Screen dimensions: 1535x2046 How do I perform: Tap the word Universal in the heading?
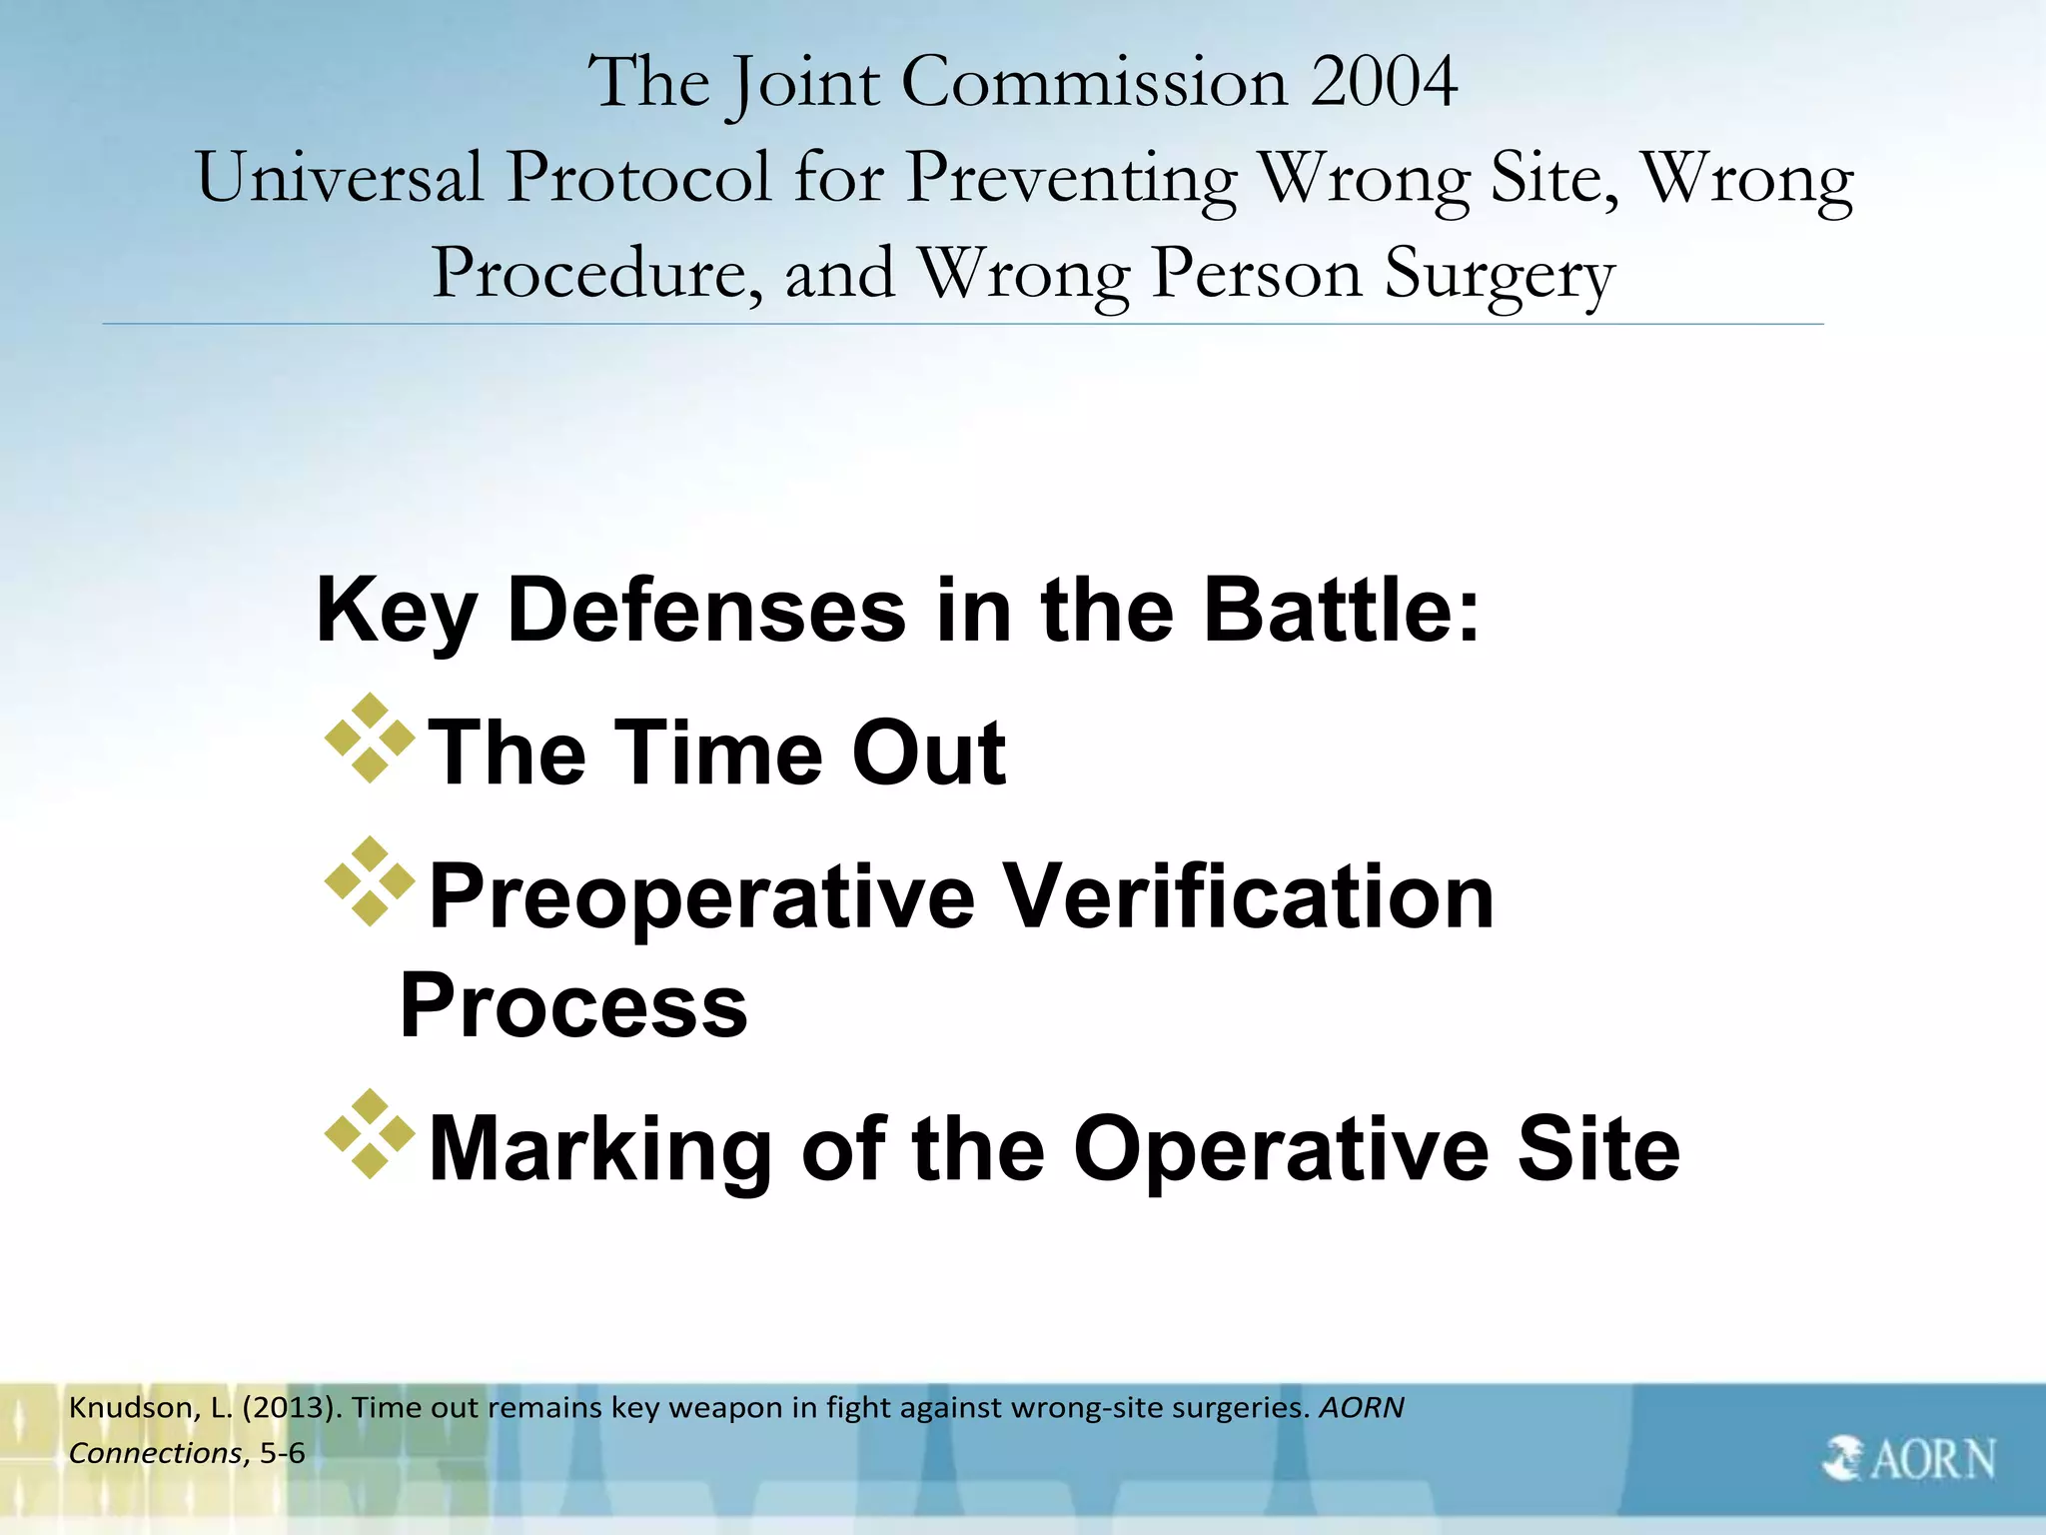tap(340, 178)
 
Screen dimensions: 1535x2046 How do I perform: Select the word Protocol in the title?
tap(639, 178)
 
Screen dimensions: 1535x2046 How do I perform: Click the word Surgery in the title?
tap(1499, 274)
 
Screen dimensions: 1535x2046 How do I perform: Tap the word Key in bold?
tap(396, 612)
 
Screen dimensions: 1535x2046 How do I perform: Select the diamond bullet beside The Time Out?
tap(370, 738)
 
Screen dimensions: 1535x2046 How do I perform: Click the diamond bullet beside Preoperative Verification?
tap(370, 881)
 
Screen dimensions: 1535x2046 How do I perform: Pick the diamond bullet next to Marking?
tap(370, 1133)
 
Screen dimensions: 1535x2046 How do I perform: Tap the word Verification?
tap(1248, 896)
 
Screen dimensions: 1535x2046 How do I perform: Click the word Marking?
tap(599, 1149)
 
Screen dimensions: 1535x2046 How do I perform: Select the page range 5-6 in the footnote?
tap(282, 1453)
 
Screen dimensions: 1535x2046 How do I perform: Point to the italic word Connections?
tap(155, 1453)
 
